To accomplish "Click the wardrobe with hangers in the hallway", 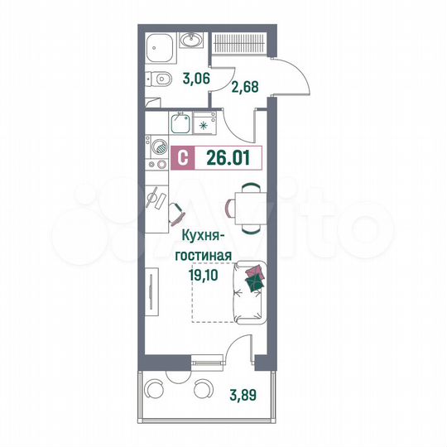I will (x=238, y=44).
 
